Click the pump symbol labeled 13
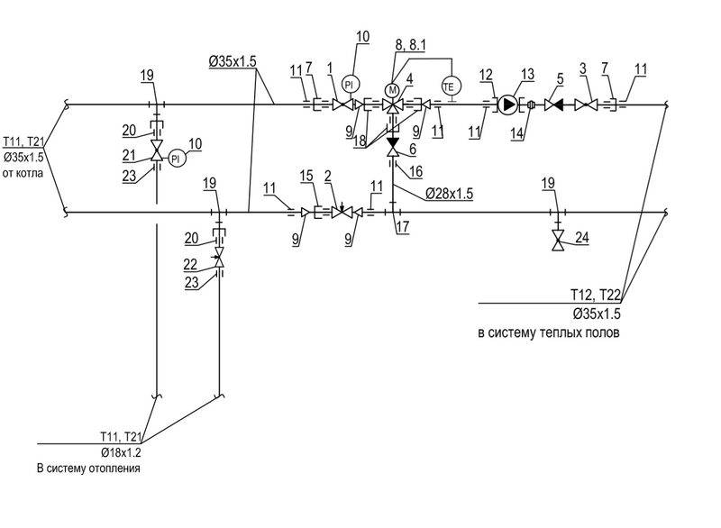tap(509, 105)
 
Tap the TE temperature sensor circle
tap(449, 86)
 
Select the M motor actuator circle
tap(392, 89)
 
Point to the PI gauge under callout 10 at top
tap(352, 78)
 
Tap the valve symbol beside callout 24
tap(559, 241)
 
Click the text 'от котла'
tap(23, 172)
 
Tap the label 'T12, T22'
tap(598, 295)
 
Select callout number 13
tap(528, 74)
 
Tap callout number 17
tap(403, 228)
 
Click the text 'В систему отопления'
tap(88, 469)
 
